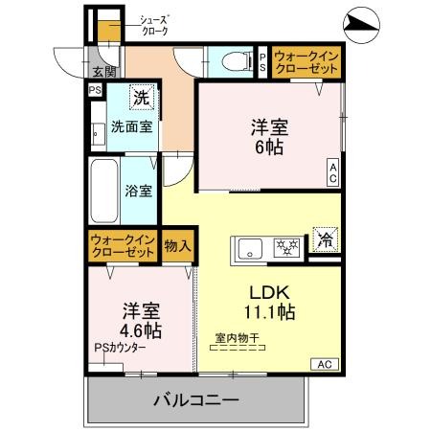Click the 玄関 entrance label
[103, 72]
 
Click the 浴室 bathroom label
[139, 190]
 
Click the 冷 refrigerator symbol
[326, 241]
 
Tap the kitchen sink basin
[251, 246]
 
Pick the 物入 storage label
[177, 246]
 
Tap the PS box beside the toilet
[264, 61]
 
